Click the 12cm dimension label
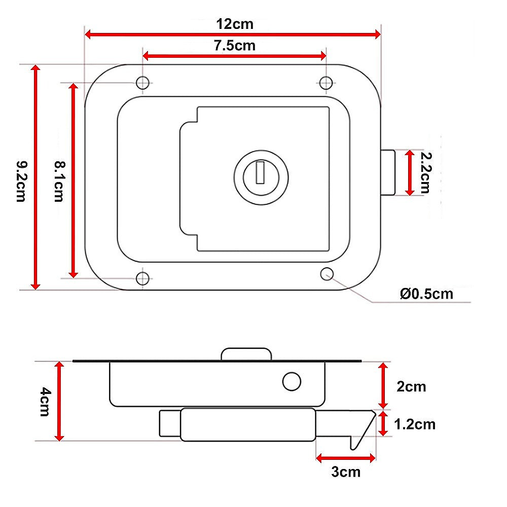click(x=234, y=24)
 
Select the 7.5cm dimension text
click(x=234, y=46)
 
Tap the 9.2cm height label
click(x=20, y=181)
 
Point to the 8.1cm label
click(x=59, y=181)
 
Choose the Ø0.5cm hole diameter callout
click(x=426, y=294)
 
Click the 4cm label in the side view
click(x=44, y=401)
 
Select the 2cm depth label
click(x=411, y=387)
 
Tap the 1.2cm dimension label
click(x=414, y=424)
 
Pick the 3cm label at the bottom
click(x=346, y=472)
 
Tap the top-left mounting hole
click(x=143, y=82)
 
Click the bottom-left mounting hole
click(x=143, y=278)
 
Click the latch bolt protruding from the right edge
click(x=388, y=173)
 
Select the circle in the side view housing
click(x=292, y=381)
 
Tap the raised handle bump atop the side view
click(x=246, y=354)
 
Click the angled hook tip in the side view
click(x=363, y=431)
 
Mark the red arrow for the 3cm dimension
click(x=346, y=458)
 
